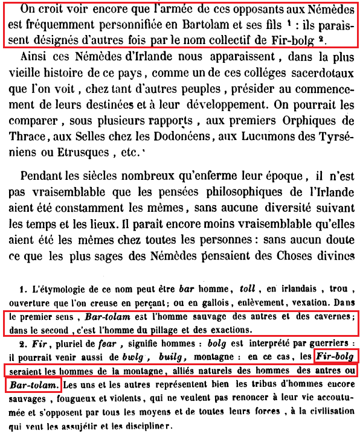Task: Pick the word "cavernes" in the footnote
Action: point(332,316)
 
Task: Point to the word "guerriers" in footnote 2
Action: point(329,343)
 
